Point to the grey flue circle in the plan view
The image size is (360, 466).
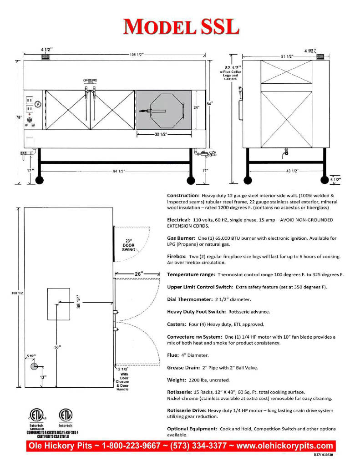(34, 366)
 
